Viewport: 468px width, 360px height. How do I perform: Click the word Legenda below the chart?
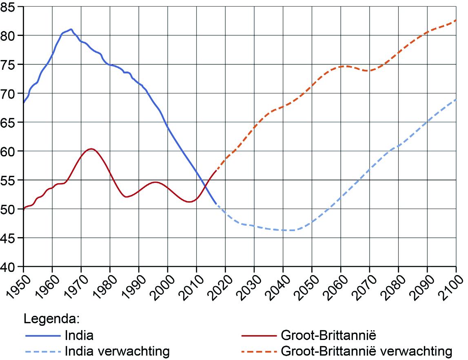tap(51, 319)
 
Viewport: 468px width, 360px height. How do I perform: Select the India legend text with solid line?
tap(79, 336)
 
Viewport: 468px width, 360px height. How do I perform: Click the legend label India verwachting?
tap(117, 351)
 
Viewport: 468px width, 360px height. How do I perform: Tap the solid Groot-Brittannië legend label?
tap(328, 336)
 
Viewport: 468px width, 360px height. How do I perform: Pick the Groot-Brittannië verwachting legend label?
tap(366, 351)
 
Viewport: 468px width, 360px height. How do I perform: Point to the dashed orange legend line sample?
tap(258, 351)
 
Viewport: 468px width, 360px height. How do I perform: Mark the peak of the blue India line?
tap(71, 29)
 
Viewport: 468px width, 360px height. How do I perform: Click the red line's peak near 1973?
tap(91, 149)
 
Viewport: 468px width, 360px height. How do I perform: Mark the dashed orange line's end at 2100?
tap(456, 20)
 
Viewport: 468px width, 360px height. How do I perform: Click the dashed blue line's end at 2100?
tap(456, 99)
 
